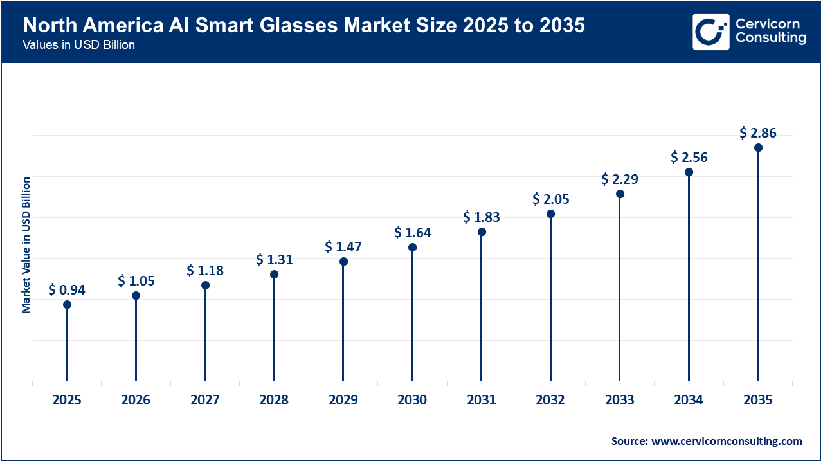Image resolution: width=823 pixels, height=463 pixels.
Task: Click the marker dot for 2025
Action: point(67,304)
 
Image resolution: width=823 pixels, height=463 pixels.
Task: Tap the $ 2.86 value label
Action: point(758,133)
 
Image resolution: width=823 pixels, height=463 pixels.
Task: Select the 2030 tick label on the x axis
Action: point(412,400)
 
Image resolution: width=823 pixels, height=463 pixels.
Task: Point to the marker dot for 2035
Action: point(758,147)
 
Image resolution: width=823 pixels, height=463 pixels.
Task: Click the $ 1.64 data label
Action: point(413,233)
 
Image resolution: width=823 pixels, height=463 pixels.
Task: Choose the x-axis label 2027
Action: point(205,400)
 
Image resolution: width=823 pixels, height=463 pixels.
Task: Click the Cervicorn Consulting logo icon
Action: point(710,32)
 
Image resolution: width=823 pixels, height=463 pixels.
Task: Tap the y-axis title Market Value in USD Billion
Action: point(26,245)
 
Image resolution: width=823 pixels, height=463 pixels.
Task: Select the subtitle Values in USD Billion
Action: point(78,46)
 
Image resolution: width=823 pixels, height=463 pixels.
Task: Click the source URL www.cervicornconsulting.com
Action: point(727,441)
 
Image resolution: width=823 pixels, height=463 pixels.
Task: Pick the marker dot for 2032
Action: point(550,213)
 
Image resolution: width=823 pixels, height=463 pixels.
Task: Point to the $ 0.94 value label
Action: point(67,290)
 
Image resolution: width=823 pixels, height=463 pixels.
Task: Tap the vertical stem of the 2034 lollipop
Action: point(689,277)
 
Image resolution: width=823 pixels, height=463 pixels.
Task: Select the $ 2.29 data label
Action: point(620,179)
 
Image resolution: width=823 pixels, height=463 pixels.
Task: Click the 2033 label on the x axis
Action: point(620,400)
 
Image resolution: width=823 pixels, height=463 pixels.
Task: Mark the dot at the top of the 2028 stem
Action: point(274,274)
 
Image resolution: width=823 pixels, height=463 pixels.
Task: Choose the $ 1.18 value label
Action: point(205,271)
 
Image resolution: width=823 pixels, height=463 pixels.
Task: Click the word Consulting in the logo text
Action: point(770,39)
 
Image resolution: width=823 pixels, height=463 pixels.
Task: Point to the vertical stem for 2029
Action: point(343,322)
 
